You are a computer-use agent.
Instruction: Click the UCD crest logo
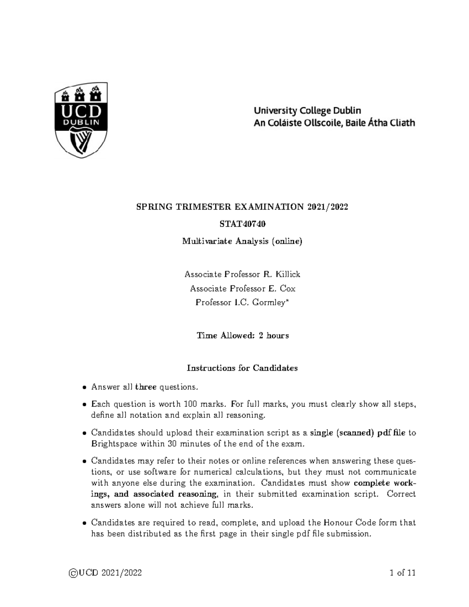point(81,120)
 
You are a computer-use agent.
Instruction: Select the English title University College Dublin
point(307,111)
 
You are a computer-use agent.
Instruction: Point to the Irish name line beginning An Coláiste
point(334,123)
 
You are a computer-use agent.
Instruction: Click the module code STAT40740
point(242,224)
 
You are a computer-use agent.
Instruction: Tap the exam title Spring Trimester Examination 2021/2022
point(242,207)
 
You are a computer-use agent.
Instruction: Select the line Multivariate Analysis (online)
point(242,241)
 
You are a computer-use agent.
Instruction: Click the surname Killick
point(288,274)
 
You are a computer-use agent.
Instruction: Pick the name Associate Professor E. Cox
point(242,288)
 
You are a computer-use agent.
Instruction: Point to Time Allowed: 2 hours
point(242,335)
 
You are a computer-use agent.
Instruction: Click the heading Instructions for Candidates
point(242,368)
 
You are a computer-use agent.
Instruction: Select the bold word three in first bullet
point(146,387)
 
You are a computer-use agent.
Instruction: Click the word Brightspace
point(113,444)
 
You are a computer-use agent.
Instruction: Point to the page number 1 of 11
point(403,573)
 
